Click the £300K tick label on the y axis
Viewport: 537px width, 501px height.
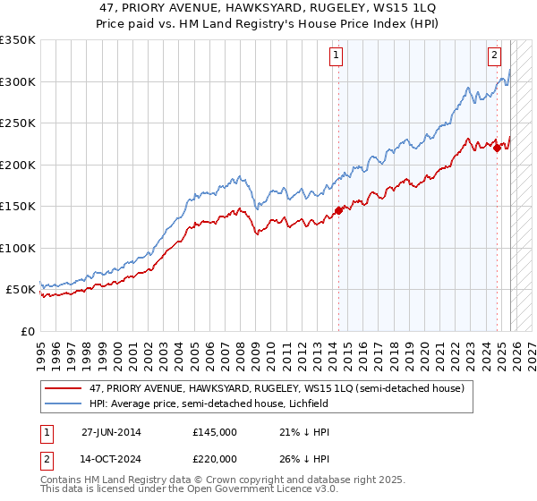point(18,81)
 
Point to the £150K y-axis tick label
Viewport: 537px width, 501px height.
point(18,206)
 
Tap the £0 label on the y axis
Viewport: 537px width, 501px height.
point(27,331)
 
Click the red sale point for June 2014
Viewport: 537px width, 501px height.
point(338,211)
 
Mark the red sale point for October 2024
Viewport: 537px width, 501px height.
point(497,149)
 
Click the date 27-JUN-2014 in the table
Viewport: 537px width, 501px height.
point(111,432)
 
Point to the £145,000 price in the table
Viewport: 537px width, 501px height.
point(215,432)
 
